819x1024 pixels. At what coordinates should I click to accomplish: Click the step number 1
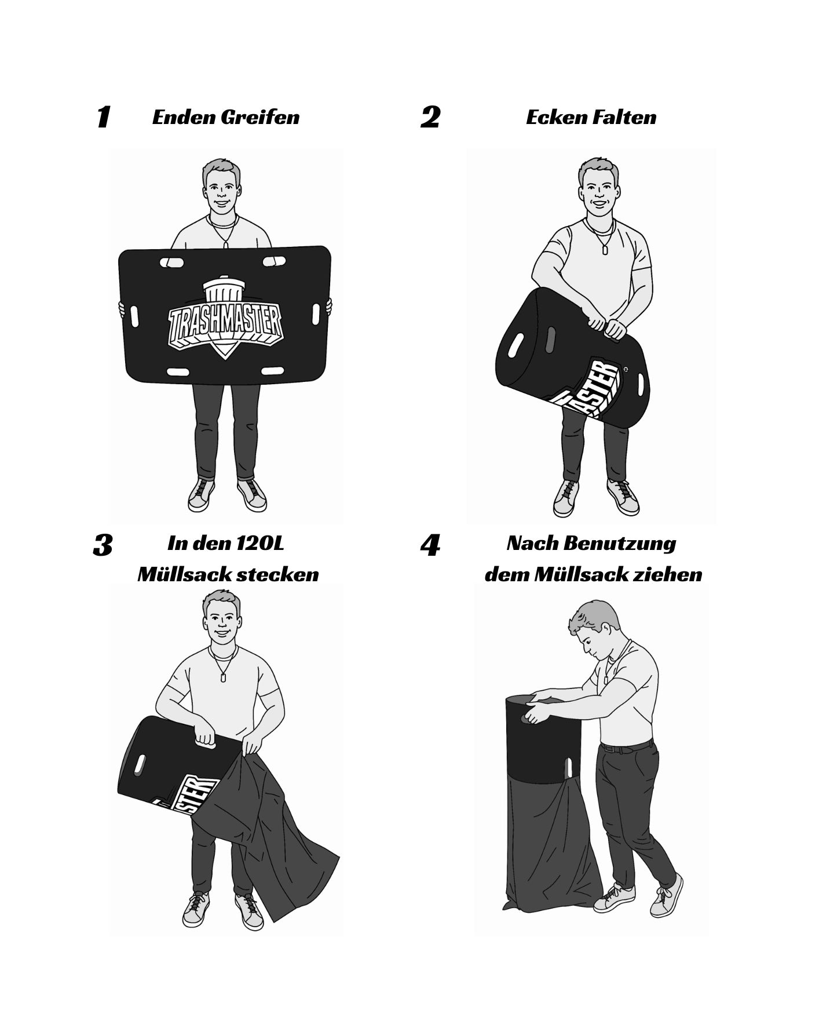103,117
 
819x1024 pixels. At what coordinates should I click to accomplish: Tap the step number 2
430,117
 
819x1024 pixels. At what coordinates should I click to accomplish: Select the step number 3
103,545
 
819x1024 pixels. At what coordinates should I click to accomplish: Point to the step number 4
430,545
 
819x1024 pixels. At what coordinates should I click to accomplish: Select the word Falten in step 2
624,118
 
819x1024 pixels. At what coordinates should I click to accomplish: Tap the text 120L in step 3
260,544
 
